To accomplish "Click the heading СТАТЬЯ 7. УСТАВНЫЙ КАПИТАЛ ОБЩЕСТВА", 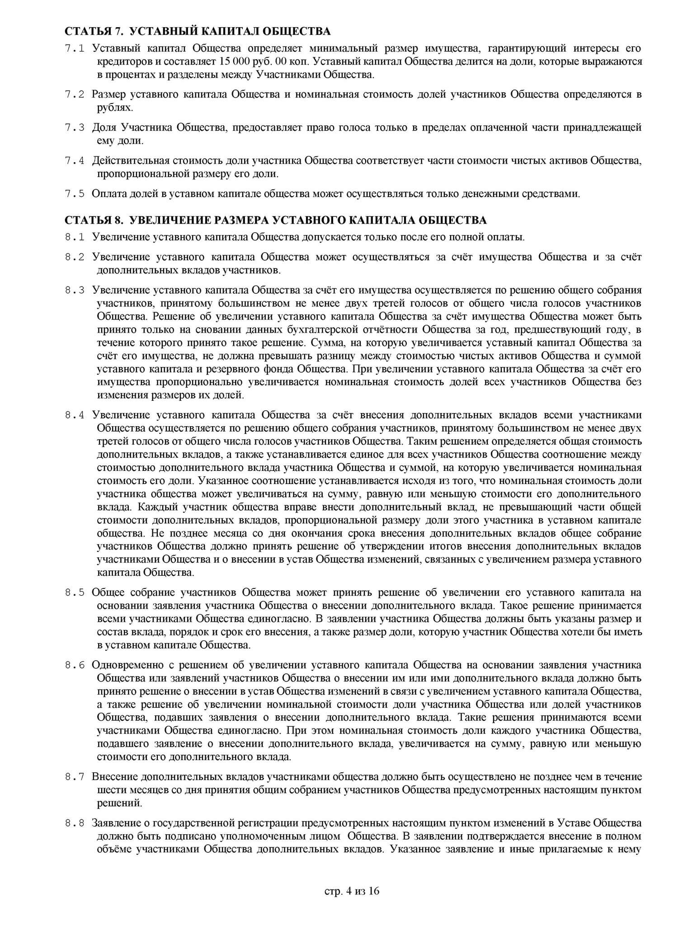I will coord(198,32).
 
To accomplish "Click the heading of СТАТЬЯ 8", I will coord(276,220).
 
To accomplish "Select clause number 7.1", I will coord(75,49).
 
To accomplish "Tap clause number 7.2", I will coord(75,95).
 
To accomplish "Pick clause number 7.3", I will coord(75,128).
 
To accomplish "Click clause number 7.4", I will coord(75,161).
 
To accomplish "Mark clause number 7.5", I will coord(75,194).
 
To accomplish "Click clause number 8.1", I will coord(75,237).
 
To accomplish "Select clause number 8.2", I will coord(75,258).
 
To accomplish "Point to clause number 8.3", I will coord(75,291).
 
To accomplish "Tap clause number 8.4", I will coord(75,415).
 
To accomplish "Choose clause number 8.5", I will coord(75,592).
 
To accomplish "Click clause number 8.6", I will coord(75,665).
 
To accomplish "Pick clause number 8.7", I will coord(75,777).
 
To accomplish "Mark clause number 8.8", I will coord(75,823).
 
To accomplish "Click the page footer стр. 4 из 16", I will coord(352,891).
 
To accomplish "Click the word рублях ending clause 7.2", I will coord(115,108).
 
